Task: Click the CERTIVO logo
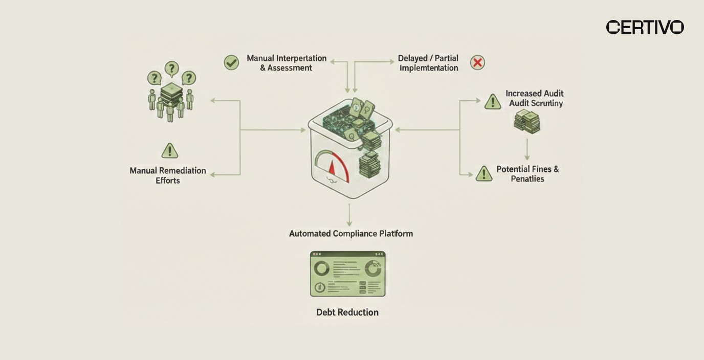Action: pos(645,27)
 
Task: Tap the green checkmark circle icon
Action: pos(231,62)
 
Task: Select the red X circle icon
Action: pos(477,62)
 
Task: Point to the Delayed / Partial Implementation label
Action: pos(428,63)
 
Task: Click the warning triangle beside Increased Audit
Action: pos(492,102)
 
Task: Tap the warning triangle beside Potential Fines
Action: pos(483,174)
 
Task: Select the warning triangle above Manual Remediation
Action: pos(169,150)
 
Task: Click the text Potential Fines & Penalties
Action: pos(527,174)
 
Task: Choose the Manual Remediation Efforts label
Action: pos(168,175)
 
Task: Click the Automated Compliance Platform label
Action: pos(351,234)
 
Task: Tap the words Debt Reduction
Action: pos(347,312)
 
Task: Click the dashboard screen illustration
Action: pos(347,274)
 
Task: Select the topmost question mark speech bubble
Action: pos(171,68)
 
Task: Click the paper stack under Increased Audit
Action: pos(527,122)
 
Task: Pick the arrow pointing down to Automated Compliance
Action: pos(349,215)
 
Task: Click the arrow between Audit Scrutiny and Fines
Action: pos(527,149)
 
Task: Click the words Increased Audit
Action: pos(535,94)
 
